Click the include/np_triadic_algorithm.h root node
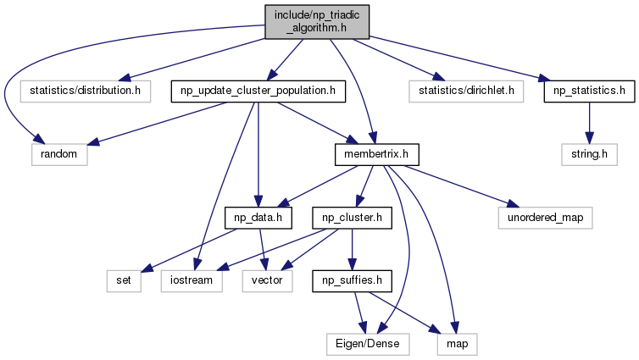pos(317,22)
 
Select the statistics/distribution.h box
pos(86,91)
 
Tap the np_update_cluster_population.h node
pos(258,91)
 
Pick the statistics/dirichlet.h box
pos(466,91)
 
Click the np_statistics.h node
pos(589,91)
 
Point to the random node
pos(59,154)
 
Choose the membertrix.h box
pos(376,154)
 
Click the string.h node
pos(589,154)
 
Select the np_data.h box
pos(258,218)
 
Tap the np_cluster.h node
pos(352,218)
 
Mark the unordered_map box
pos(545,218)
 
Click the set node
pos(124,281)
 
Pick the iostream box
pos(192,281)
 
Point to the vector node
pos(267,281)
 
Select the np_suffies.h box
pos(352,281)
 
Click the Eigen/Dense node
pos(368,345)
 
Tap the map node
pos(458,345)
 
